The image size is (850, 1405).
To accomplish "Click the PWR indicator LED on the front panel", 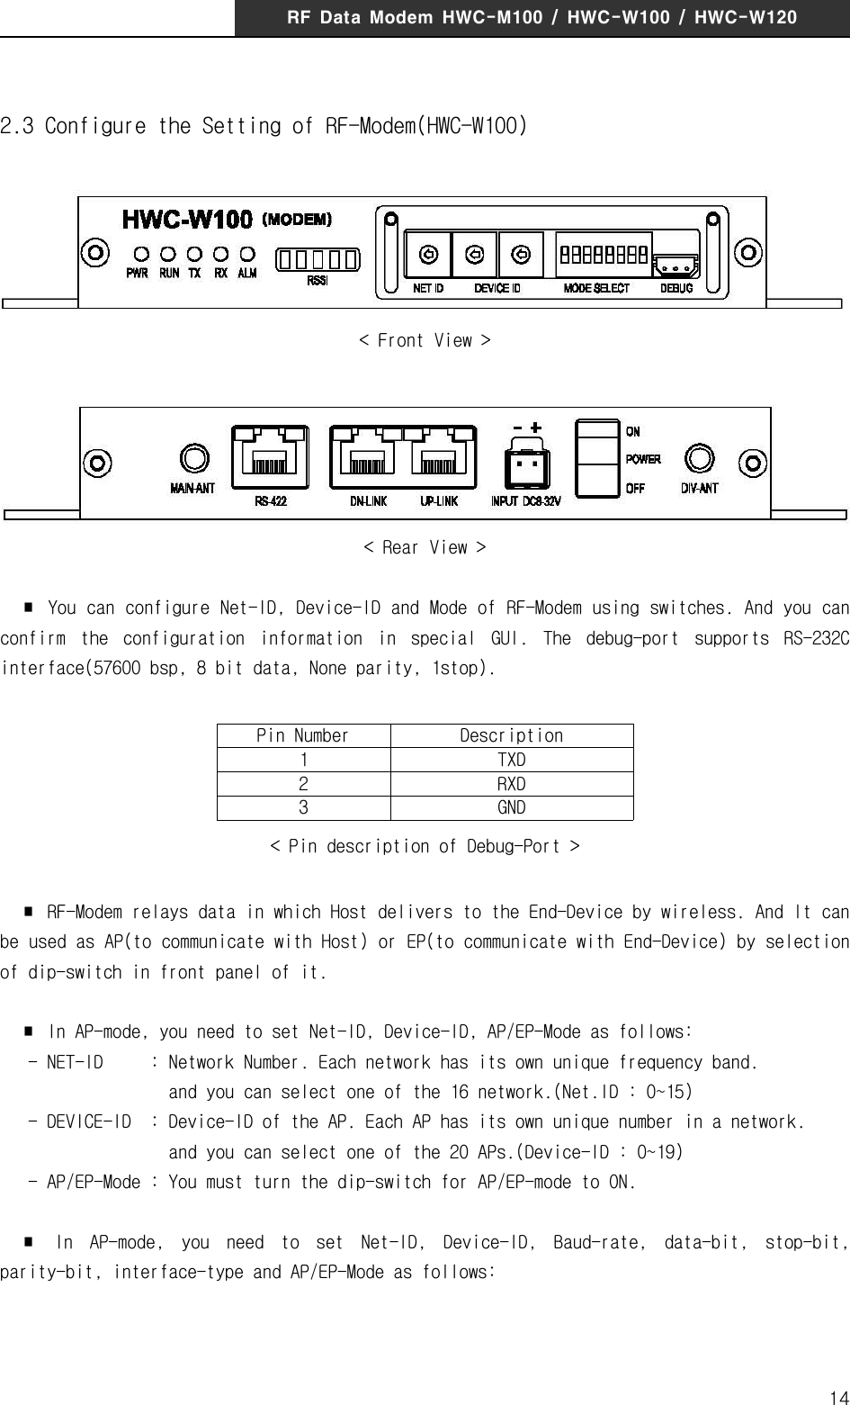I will (139, 255).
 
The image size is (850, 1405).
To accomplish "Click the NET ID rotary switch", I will (428, 255).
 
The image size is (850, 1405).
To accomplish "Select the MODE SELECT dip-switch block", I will (604, 256).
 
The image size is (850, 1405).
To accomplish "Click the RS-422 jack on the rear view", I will (270, 458).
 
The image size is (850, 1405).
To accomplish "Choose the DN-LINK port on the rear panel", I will (368, 458).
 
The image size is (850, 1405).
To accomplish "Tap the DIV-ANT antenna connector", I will (699, 459).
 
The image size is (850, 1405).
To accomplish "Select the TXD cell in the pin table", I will (512, 760).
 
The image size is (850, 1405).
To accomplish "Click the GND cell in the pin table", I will (512, 807).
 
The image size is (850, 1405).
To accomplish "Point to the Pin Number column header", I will (303, 735).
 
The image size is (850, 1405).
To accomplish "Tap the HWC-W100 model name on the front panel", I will (187, 219).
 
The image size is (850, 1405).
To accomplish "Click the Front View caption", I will (425, 340).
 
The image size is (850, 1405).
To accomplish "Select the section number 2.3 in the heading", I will (18, 126).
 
